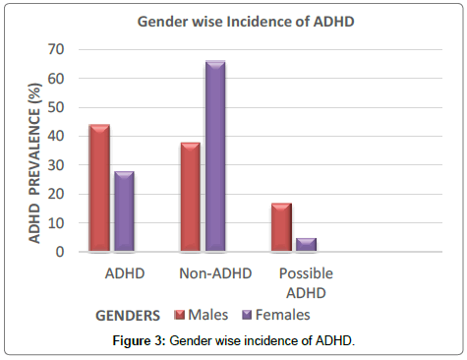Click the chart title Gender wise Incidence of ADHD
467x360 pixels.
(x=232, y=21)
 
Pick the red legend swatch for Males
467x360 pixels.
(x=180, y=316)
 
